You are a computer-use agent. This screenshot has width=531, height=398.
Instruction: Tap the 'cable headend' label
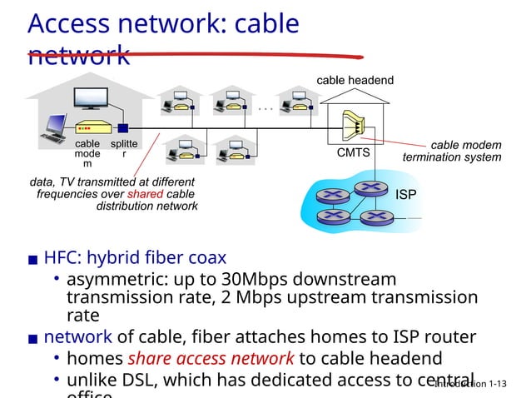pyautogui.click(x=355, y=80)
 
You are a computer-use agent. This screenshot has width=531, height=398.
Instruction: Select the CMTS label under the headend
pyautogui.click(x=353, y=153)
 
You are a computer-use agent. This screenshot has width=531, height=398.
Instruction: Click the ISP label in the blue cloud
pyautogui.click(x=406, y=195)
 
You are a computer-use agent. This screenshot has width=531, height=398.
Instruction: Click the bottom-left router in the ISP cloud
pyautogui.click(x=333, y=215)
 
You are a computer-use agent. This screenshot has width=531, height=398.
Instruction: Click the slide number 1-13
pyautogui.click(x=498, y=384)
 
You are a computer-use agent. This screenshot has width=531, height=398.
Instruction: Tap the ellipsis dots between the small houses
pyautogui.click(x=265, y=107)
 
